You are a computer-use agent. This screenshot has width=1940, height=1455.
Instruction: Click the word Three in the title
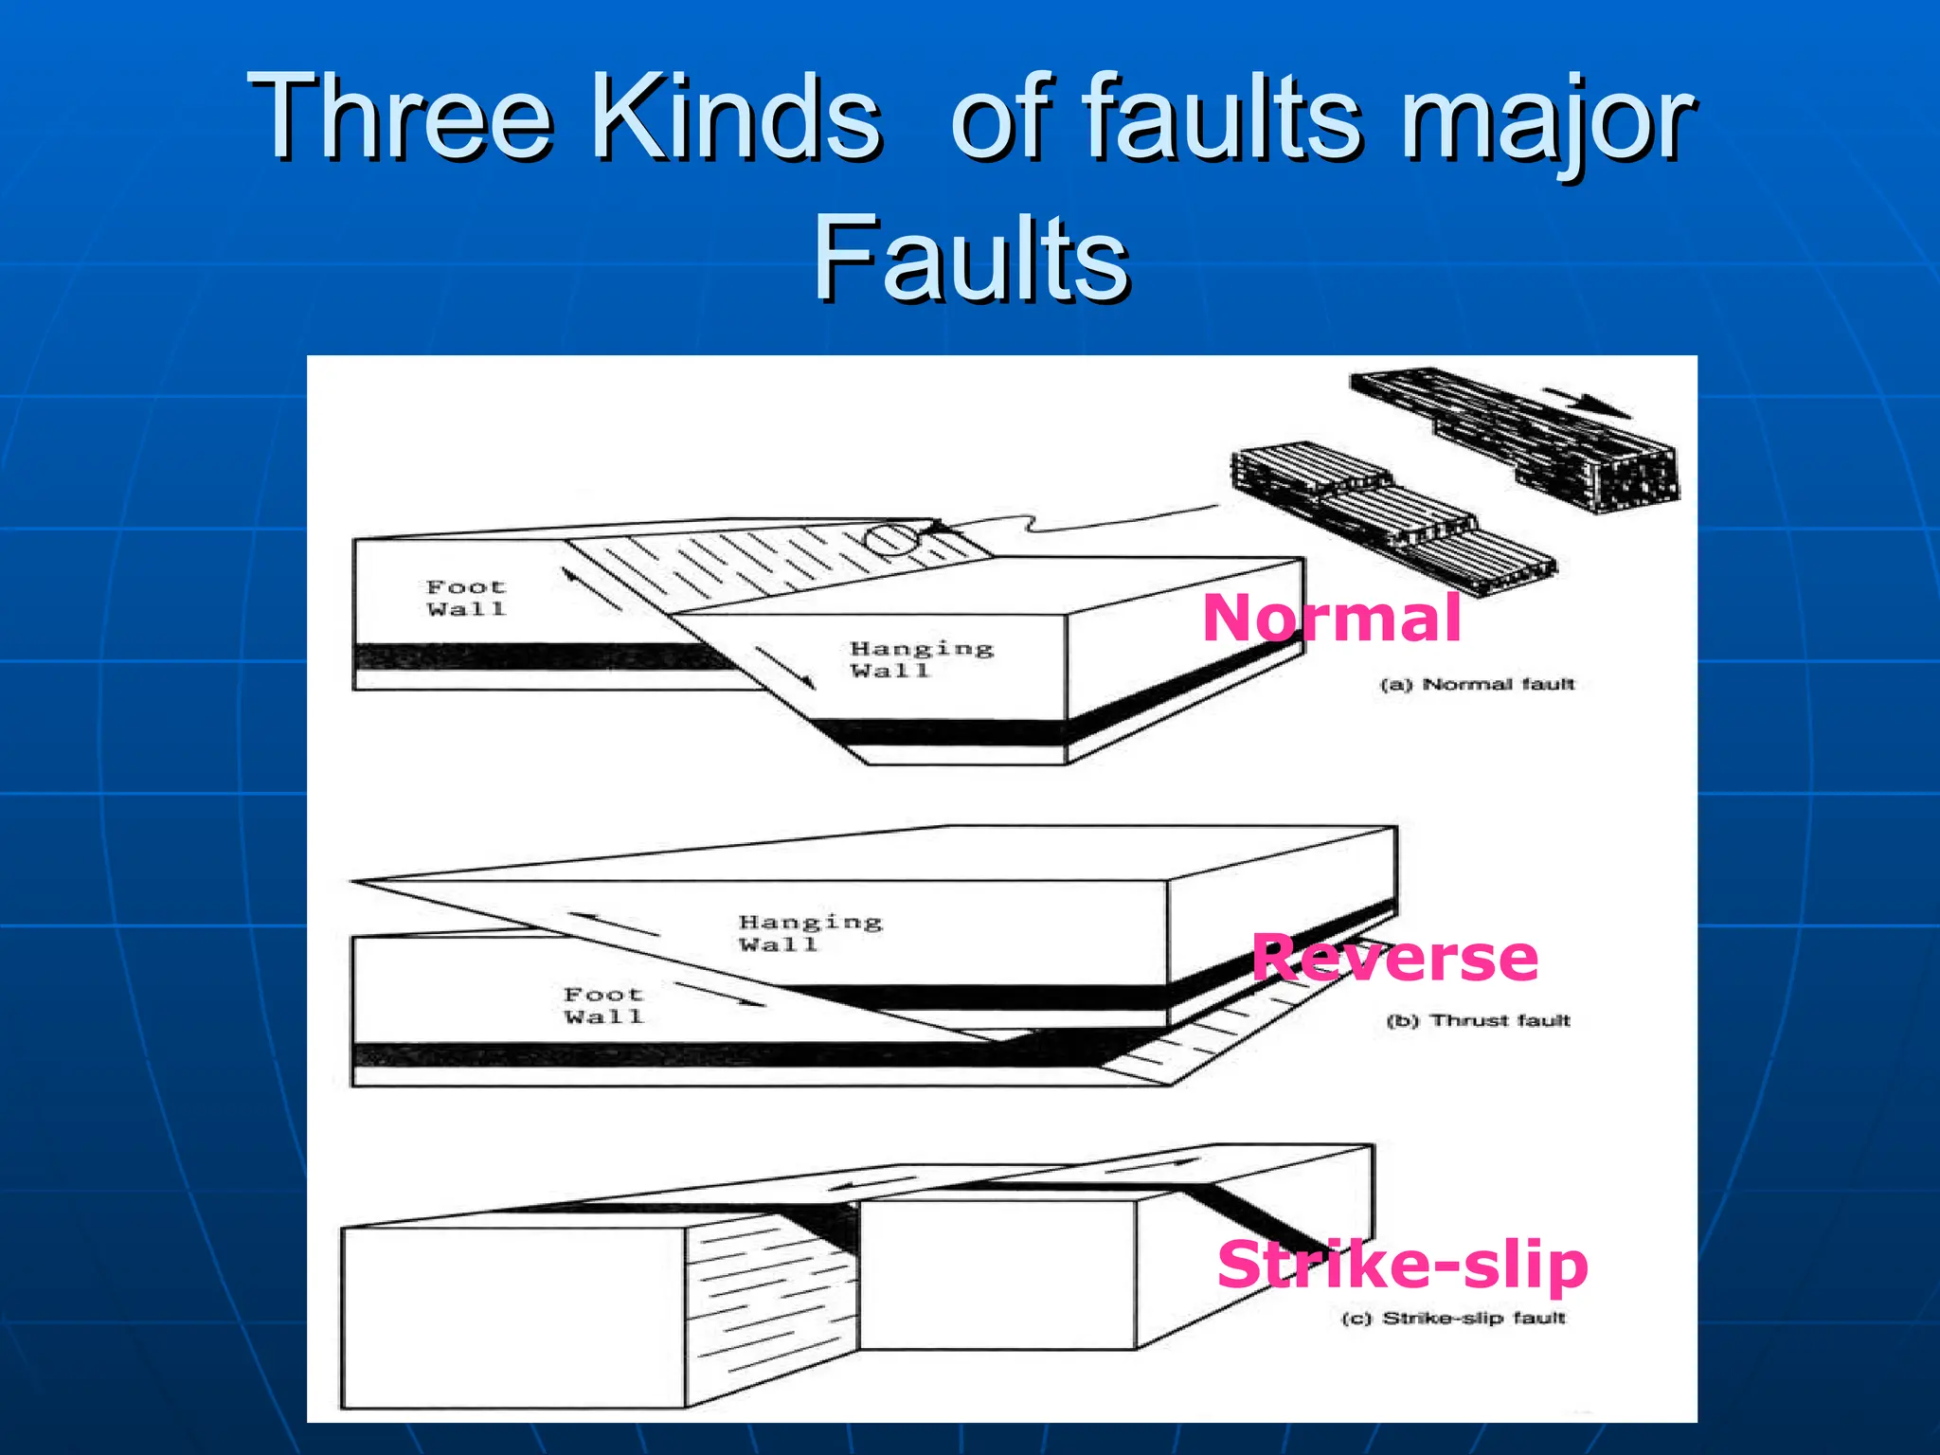click(x=398, y=117)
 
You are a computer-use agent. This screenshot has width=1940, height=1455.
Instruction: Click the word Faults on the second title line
click(x=971, y=258)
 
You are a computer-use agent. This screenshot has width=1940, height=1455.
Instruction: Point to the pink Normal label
click(x=1331, y=619)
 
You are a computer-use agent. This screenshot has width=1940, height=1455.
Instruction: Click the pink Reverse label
click(x=1394, y=958)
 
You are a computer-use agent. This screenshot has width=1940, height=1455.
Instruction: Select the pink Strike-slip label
click(x=1402, y=1265)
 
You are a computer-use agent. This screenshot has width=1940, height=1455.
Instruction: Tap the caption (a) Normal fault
click(x=1477, y=684)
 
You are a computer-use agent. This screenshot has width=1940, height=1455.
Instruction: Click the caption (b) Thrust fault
click(x=1478, y=1020)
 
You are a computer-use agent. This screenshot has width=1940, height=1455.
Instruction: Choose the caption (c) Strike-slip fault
click(x=1454, y=1318)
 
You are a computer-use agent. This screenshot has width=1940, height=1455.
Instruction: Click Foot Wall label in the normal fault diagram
click(x=466, y=598)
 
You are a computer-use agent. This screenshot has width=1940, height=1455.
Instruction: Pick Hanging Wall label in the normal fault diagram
click(x=921, y=659)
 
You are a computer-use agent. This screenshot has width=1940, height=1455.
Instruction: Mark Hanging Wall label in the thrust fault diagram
click(x=810, y=932)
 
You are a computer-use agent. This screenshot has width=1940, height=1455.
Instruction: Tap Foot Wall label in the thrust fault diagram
click(x=603, y=1005)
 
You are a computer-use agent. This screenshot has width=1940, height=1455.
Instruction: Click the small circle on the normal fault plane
click(x=890, y=539)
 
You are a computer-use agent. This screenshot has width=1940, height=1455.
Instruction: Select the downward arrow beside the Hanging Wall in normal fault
click(x=785, y=667)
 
